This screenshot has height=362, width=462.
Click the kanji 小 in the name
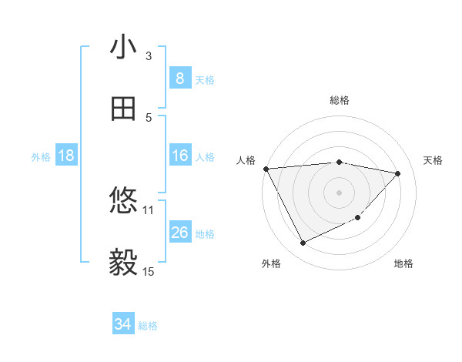pyautogui.click(x=123, y=48)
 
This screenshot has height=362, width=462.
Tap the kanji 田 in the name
pyautogui.click(x=123, y=110)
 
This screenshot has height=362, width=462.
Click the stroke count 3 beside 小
pyautogui.click(x=149, y=55)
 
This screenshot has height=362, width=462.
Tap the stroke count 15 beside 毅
pyautogui.click(x=149, y=271)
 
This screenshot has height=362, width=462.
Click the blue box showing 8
pyautogui.click(x=179, y=79)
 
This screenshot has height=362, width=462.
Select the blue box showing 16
pyautogui.click(x=179, y=156)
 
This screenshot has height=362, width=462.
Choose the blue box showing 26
pyautogui.click(x=179, y=233)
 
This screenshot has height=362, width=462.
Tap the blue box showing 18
pyautogui.click(x=66, y=156)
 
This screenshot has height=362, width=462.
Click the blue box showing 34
pyautogui.click(x=123, y=325)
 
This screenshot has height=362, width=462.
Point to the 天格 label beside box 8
pyautogui.click(x=205, y=79)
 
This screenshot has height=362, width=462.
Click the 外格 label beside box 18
pyautogui.click(x=41, y=157)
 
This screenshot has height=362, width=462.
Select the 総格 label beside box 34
pyautogui.click(x=148, y=326)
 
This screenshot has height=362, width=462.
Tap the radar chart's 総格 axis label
pyautogui.click(x=339, y=100)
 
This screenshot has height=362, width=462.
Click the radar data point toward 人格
pyautogui.click(x=266, y=169)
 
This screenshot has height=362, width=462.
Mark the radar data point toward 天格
pyautogui.click(x=398, y=173)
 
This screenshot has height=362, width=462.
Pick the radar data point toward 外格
pyautogui.click(x=303, y=243)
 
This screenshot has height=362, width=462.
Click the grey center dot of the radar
pyautogui.click(x=339, y=192)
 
